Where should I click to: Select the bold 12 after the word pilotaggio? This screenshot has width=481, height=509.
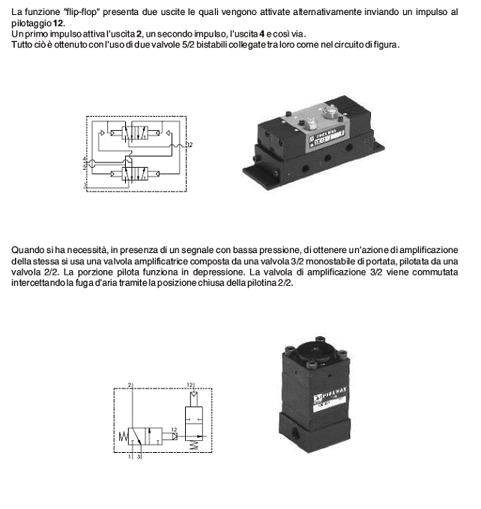57,24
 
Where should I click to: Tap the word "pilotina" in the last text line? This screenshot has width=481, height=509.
259,283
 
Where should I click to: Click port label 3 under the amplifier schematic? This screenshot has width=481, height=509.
139,456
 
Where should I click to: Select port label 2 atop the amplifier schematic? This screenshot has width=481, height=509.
130,385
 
